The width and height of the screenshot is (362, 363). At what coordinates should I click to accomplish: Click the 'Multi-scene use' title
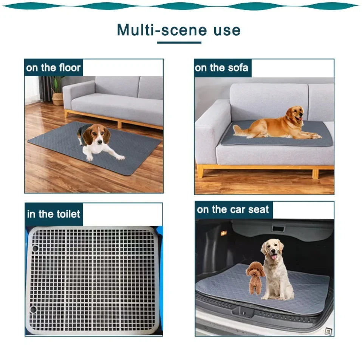pos(178,30)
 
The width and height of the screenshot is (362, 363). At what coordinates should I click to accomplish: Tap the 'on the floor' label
pos(53,68)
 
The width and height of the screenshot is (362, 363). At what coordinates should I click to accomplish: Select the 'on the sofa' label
pos(221,68)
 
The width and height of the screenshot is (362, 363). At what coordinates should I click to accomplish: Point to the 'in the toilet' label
pos(54,214)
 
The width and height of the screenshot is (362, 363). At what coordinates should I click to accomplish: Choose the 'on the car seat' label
pos(233,210)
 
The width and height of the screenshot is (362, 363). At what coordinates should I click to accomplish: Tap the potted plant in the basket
pos(57,91)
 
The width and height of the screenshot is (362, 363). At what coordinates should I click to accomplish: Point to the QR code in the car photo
pos(328,331)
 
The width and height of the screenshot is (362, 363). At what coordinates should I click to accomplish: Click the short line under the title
pos(179,42)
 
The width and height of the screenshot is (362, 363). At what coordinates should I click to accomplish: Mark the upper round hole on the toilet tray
pos(35,248)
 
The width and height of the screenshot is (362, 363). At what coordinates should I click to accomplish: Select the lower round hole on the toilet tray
pos(33,309)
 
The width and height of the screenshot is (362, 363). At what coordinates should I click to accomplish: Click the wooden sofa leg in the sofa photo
pos(315,173)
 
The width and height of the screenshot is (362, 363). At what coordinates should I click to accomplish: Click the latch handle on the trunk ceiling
pos(278,229)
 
